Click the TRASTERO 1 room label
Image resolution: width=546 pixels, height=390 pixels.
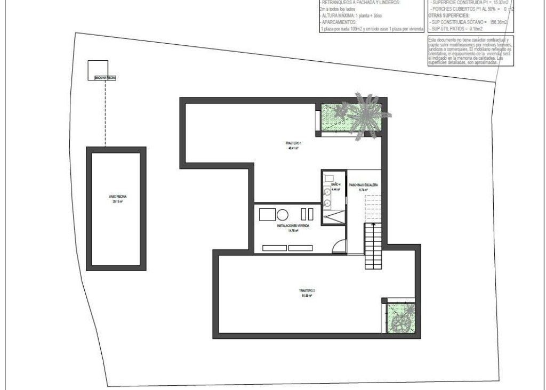click(293, 144)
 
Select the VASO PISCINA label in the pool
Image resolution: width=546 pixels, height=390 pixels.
click(117, 197)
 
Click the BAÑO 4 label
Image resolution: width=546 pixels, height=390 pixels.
click(335, 184)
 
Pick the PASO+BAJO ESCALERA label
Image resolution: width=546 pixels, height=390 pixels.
click(364, 184)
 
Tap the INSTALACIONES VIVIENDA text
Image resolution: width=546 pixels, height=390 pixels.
click(293, 226)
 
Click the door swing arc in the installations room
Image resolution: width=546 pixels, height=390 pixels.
click(338, 247)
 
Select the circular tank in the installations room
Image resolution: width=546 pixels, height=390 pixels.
click(283, 215)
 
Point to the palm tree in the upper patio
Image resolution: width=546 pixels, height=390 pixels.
click(366, 113)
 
